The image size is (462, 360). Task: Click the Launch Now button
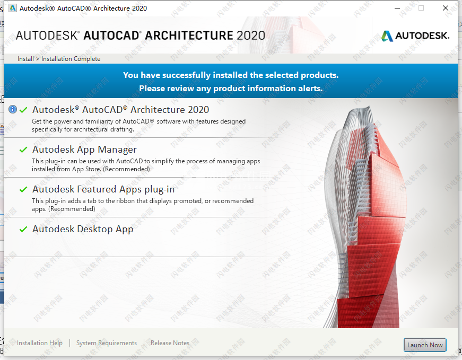tap(425, 345)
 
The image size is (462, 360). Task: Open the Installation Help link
tap(39, 343)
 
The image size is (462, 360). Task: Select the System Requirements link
tap(107, 343)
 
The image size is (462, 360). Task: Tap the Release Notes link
tap(170, 343)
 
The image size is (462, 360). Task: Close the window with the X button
tap(446, 8)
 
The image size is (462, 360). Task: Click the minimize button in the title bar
tap(397, 8)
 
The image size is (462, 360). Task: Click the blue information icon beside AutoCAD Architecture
tap(13, 109)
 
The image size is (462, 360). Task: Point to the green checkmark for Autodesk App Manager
tap(23, 150)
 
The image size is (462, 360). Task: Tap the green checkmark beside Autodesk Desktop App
tap(23, 229)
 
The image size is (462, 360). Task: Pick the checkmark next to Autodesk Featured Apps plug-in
tap(23, 189)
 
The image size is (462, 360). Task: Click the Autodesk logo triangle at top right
tap(387, 36)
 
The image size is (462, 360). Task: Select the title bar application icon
tap(13, 8)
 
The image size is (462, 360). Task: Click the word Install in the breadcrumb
tap(25, 59)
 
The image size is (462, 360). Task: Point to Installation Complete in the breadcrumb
tap(71, 59)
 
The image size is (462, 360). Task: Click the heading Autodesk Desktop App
tap(83, 229)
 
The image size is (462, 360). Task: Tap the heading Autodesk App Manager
tap(84, 150)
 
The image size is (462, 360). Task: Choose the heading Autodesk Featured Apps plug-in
tap(103, 189)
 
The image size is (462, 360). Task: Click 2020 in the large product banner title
tap(251, 36)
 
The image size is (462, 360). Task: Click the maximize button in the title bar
tap(421, 8)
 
